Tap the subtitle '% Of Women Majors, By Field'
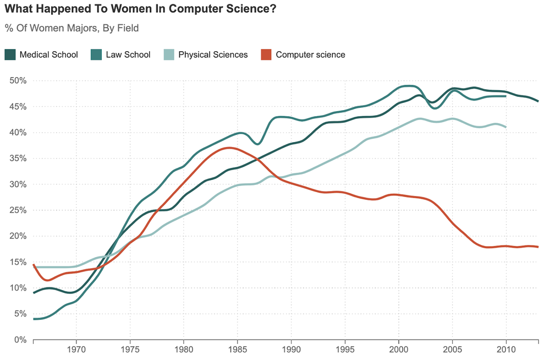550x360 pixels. click(x=71, y=28)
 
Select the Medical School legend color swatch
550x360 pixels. click(x=10, y=54)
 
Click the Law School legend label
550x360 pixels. click(x=129, y=54)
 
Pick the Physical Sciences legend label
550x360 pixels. click(x=213, y=54)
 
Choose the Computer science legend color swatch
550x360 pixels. click(x=266, y=54)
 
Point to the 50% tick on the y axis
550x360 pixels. click(x=18, y=81)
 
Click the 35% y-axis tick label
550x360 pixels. click(x=18, y=159)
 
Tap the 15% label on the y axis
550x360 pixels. click(x=18, y=262)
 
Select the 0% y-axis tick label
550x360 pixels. click(x=20, y=340)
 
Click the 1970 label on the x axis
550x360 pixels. click(x=76, y=349)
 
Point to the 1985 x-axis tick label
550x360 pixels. click(x=238, y=349)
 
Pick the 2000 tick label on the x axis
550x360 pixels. click(x=398, y=349)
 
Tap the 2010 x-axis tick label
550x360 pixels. click(x=506, y=349)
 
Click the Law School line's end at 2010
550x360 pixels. click(x=505, y=96)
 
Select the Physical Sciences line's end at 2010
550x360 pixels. click(x=505, y=127)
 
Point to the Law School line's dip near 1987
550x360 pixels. click(x=257, y=144)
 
